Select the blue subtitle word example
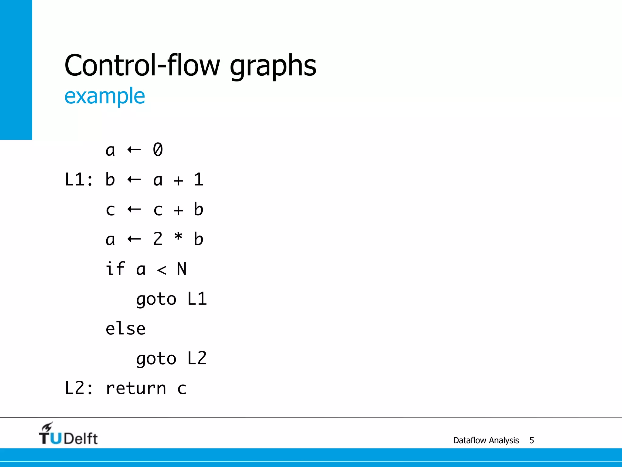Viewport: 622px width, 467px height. [x=104, y=96]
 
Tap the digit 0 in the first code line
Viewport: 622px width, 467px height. [x=158, y=150]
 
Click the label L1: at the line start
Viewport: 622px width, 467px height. [x=79, y=179]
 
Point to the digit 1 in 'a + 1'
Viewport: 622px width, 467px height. [x=198, y=179]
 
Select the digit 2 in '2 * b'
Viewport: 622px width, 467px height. [x=158, y=239]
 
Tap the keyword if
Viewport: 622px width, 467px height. [x=115, y=269]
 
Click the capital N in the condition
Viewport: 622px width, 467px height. [x=182, y=269]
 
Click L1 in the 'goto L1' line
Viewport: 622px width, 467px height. [x=197, y=299]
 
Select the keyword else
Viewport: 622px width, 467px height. [x=125, y=329]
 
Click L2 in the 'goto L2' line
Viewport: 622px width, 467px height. [x=197, y=358]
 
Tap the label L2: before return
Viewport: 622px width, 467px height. [x=79, y=388]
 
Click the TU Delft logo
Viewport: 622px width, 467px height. [x=68, y=434]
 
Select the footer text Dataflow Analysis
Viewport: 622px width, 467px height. [x=486, y=440]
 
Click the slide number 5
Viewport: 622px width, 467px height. [x=531, y=440]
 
